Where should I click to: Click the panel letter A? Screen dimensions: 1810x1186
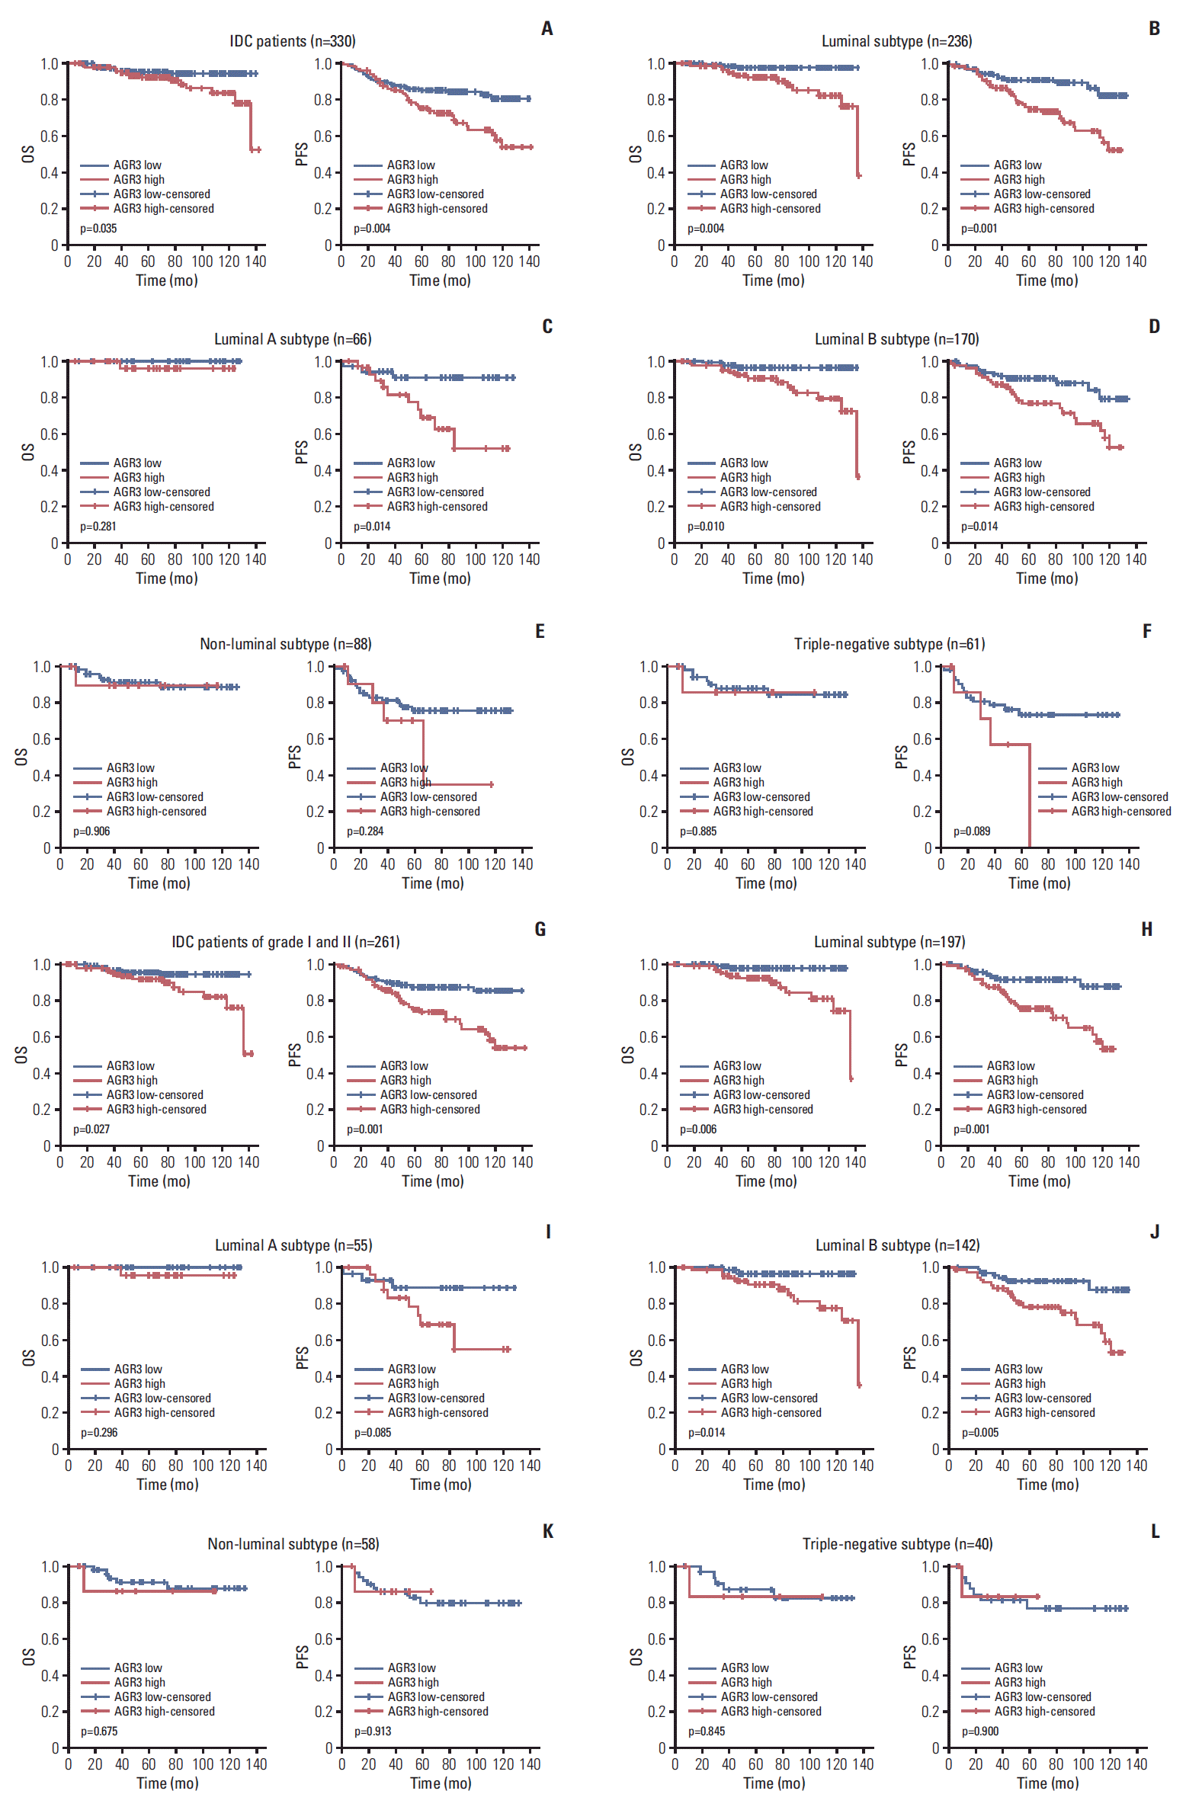[547, 29]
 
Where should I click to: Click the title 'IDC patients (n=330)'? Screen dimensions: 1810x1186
[293, 41]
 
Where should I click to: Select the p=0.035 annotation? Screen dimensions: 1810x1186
[98, 229]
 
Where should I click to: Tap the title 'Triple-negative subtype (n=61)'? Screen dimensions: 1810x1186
[889, 644]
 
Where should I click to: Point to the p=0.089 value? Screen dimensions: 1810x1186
[972, 831]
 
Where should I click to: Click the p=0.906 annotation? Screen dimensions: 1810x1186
[91, 831]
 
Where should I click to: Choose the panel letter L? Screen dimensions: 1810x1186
[1155, 1532]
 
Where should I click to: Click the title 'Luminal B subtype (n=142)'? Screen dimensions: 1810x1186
[897, 1245]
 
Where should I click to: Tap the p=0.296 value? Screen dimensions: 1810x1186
[99, 1433]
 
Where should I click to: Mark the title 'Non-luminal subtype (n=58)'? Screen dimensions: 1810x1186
[293, 1544]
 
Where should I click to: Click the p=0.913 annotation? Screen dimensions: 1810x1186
[373, 1732]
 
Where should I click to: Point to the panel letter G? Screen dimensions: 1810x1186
[540, 930]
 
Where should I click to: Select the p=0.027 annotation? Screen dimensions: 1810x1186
[91, 1129]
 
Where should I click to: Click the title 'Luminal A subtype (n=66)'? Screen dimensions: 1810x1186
[293, 339]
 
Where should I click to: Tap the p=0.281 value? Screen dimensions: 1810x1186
[98, 527]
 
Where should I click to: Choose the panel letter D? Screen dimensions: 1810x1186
[1154, 327]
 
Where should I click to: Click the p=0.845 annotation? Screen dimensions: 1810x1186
[707, 1732]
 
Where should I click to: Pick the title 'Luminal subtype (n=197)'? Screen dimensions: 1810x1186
[889, 942]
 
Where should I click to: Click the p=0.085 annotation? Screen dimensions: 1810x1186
[373, 1433]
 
